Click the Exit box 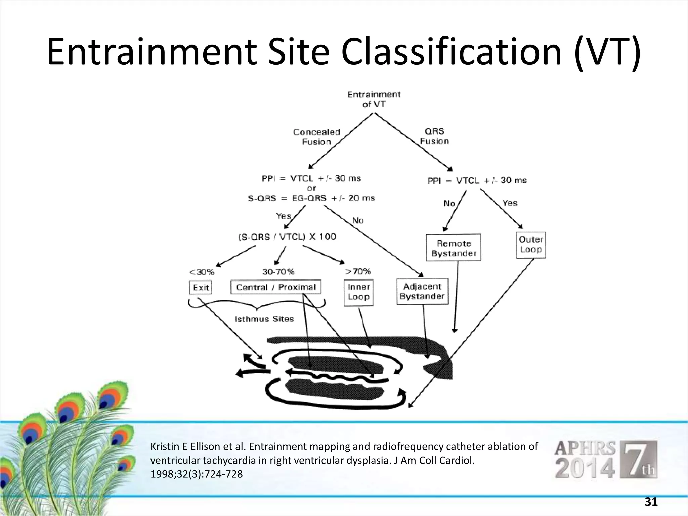pos(201,288)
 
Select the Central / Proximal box pos(276,287)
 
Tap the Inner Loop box pos(358,292)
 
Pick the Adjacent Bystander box pos(422,291)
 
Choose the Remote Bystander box pos(454,248)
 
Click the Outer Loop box pos(530,245)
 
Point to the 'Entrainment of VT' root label pos(374,99)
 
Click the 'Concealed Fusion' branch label pos(316,137)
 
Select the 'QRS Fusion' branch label pos(434,136)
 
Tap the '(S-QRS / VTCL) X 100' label pos(287,237)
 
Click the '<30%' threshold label pos(202,272)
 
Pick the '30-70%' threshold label pos(278,271)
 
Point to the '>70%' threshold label pos(358,271)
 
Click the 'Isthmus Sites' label pos(264,319)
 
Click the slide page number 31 pos(651,502)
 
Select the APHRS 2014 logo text pos(585,459)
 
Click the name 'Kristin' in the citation pos(165,446)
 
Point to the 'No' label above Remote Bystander pos(449,204)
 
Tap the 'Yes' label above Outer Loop pos(510,203)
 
